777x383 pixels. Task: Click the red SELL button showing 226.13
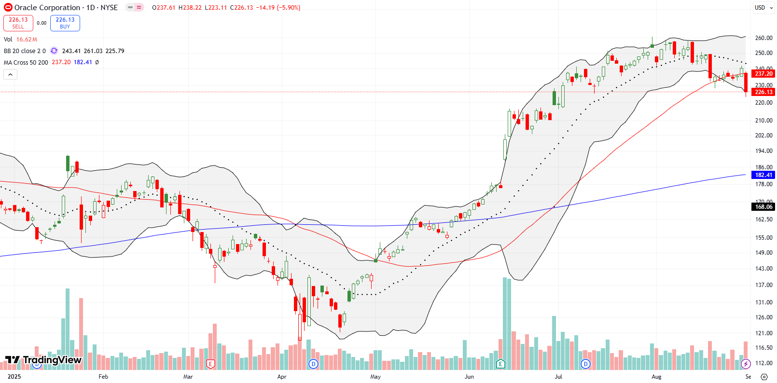click(18, 23)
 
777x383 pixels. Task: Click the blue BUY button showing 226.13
click(65, 23)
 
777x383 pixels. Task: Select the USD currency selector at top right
click(763, 7)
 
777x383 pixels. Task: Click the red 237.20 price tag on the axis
click(763, 73)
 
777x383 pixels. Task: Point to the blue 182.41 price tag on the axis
click(763, 175)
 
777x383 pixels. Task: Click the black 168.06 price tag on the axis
click(763, 206)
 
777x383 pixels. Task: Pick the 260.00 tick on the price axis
click(763, 38)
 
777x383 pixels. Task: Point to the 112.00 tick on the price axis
click(763, 363)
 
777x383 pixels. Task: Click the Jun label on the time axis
click(469, 377)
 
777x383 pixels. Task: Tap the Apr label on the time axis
click(282, 377)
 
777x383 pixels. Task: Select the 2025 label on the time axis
click(14, 377)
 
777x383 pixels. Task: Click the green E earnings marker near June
click(500, 364)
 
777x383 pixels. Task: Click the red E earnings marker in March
click(210, 364)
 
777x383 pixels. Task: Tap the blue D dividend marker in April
click(314, 364)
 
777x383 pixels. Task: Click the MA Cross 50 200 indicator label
click(26, 62)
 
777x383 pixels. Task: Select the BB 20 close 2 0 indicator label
click(25, 51)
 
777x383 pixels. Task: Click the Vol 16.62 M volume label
click(20, 39)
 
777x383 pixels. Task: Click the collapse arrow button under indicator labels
click(10, 74)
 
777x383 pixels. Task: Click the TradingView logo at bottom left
click(43, 360)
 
